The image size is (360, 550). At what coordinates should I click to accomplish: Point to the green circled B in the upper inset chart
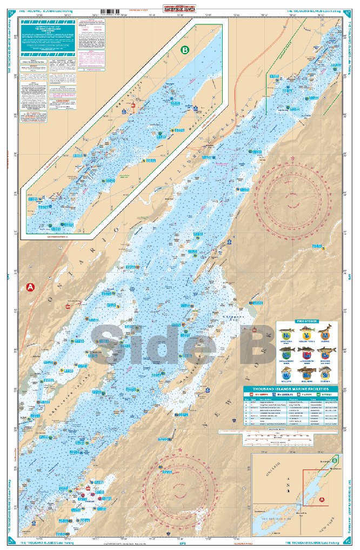point(185,50)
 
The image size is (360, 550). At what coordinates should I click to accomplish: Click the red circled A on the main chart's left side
point(30,287)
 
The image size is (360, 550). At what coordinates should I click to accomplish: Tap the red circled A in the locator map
point(322,499)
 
